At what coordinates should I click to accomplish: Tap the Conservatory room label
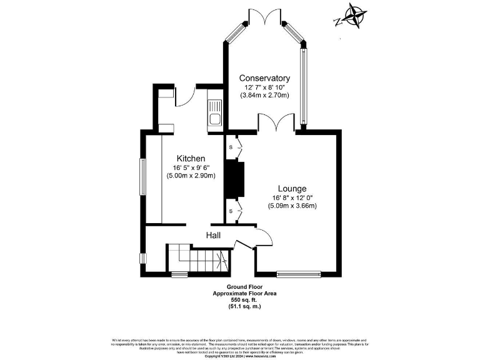pos(265,78)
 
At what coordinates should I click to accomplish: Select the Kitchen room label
pos(191,159)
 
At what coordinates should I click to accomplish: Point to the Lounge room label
pos(292,188)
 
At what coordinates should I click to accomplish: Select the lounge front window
pos(299,273)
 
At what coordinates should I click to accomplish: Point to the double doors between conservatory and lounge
pos(276,124)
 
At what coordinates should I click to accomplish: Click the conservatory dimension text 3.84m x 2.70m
pos(265,96)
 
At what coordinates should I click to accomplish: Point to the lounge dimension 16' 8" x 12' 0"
pos(292,197)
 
